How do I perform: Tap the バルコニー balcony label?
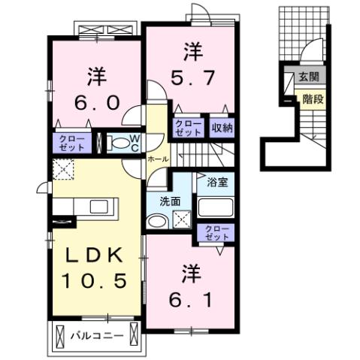(x=98, y=335)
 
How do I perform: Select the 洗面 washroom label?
(x=169, y=201)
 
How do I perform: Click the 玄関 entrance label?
(x=308, y=77)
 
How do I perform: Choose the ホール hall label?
(x=157, y=159)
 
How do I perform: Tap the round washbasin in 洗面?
(x=157, y=221)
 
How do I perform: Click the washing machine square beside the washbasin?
(x=180, y=220)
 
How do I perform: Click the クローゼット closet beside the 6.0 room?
(x=72, y=142)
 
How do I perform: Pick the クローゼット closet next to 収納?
(x=187, y=128)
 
